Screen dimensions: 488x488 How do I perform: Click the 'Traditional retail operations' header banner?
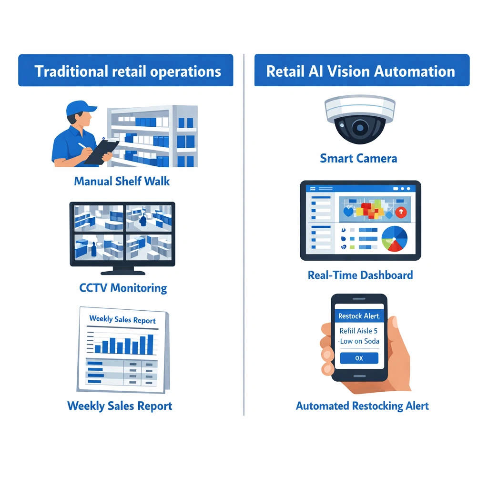tap(125, 70)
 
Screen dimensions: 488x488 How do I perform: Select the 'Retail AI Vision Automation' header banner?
tap(362, 70)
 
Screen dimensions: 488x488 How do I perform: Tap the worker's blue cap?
tap(80, 108)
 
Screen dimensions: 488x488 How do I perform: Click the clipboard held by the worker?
tap(102, 152)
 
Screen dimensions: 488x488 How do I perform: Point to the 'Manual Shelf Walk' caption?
tap(122, 181)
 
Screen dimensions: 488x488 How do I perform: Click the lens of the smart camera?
tap(360, 127)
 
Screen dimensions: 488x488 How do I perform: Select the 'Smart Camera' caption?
tap(358, 158)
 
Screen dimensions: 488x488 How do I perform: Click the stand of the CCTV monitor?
tap(123, 271)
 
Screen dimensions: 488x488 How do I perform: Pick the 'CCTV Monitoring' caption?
tap(123, 288)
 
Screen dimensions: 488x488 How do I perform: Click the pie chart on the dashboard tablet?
tap(394, 239)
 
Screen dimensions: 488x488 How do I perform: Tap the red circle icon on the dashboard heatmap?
tap(401, 212)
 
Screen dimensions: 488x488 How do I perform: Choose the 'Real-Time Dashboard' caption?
tap(360, 275)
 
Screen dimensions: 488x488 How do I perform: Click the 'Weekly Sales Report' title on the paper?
tap(122, 319)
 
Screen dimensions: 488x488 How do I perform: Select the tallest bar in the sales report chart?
tap(150, 344)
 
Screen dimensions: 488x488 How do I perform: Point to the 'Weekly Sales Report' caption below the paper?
tap(120, 406)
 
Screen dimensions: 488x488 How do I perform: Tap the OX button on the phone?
tap(359, 358)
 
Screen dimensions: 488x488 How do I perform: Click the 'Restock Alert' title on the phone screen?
tap(359, 316)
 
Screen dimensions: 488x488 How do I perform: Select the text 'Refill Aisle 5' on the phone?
tap(358, 331)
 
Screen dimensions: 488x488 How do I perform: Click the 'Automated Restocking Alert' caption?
tap(362, 406)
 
